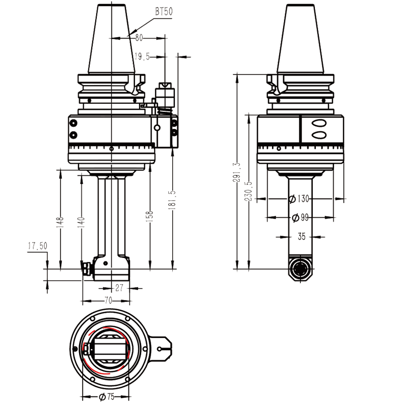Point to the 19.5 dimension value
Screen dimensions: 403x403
tap(143, 57)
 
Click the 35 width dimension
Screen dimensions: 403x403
tap(301, 235)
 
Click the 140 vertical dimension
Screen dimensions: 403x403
tap(81, 221)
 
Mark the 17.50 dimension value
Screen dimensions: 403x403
tap(37, 246)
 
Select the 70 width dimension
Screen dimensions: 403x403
tap(107, 300)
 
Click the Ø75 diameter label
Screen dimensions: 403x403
tap(107, 396)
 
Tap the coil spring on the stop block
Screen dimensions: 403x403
tap(165, 110)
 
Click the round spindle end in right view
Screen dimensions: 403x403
tap(301, 268)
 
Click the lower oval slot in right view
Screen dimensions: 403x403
tap(319, 135)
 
